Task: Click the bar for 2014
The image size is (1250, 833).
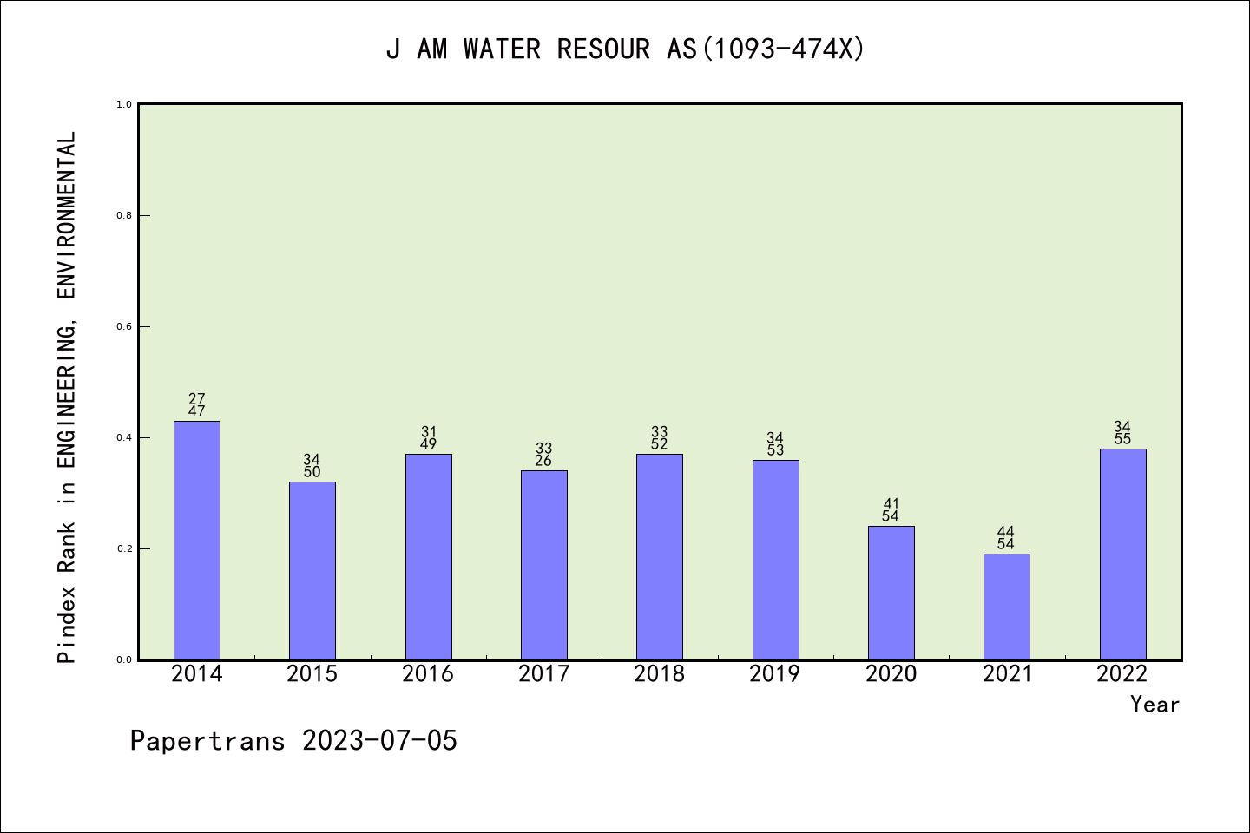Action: point(197,540)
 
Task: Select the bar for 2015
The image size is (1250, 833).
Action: point(312,570)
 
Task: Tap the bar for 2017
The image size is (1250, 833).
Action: point(544,565)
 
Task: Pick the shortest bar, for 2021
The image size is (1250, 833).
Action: point(1007,607)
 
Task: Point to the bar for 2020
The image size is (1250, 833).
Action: point(891,593)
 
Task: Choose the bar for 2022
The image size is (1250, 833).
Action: point(1122,554)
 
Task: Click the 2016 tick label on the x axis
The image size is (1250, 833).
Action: point(428,674)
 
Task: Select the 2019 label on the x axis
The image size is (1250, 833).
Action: point(775,674)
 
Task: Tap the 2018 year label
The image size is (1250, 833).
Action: point(660,674)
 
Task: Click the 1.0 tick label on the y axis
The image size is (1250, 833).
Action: point(123,104)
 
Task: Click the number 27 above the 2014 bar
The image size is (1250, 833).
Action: point(197,399)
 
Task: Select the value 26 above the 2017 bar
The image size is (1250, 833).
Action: point(543,461)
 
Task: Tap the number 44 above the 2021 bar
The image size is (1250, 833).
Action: point(1006,531)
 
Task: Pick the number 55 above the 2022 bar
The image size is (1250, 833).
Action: point(1122,439)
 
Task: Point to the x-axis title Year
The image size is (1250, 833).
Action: point(1155,705)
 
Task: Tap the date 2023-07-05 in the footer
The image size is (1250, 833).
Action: point(379,741)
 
